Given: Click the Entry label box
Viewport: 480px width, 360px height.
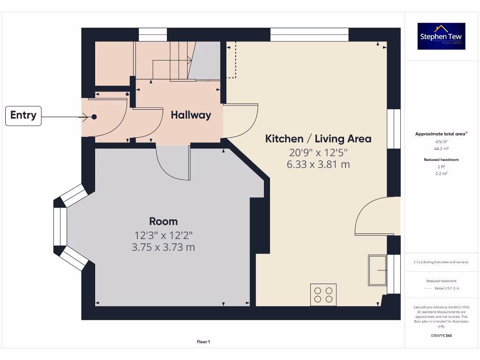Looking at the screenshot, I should click(x=23, y=116).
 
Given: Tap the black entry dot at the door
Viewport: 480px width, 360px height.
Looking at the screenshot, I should click(x=94, y=117).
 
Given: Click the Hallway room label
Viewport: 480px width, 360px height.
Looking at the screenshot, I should click(x=191, y=115).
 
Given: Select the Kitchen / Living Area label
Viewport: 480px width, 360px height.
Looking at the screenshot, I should click(x=318, y=139).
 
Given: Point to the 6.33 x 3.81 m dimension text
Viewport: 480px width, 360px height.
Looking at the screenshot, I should click(x=318, y=165).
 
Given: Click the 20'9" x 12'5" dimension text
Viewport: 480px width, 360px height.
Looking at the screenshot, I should click(x=318, y=152).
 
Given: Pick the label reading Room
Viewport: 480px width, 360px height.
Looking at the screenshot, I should click(x=164, y=221).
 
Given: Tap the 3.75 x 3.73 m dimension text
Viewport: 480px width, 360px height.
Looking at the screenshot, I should click(x=164, y=247).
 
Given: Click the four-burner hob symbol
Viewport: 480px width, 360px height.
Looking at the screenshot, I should click(x=323, y=294).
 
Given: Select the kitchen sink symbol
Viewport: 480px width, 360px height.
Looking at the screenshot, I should click(x=377, y=270).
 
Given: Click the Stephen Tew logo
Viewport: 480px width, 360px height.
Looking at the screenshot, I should click(x=442, y=37).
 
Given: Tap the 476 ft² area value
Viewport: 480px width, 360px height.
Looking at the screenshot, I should click(x=442, y=142).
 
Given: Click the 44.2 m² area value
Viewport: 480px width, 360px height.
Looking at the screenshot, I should click(x=442, y=148).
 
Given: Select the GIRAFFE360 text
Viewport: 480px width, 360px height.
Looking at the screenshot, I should click(x=442, y=336).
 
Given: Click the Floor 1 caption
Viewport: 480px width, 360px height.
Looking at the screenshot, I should click(x=203, y=342).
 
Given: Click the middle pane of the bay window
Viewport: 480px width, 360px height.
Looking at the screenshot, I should click(x=60, y=227).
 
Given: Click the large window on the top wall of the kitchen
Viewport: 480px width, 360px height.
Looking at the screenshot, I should click(x=309, y=35).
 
